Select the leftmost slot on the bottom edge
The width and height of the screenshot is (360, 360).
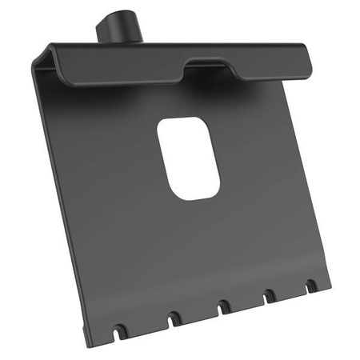tap(119, 329)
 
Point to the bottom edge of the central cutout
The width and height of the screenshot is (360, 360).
tap(196, 198)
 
